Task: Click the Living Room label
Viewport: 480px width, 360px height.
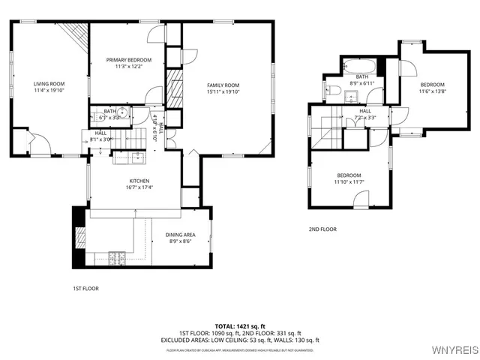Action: tap(49, 84)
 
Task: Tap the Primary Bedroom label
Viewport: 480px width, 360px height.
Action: tap(128, 60)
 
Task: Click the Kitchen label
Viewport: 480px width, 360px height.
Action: tap(139, 181)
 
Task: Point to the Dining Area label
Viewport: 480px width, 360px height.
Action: tap(180, 235)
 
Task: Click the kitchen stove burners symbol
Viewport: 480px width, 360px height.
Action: tap(116, 258)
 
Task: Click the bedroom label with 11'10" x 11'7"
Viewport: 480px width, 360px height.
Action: tap(349, 178)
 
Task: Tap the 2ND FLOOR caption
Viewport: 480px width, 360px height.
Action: tap(322, 229)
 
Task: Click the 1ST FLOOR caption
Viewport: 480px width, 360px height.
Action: tap(85, 288)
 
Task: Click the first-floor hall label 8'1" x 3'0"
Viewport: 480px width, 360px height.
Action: tap(100, 136)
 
